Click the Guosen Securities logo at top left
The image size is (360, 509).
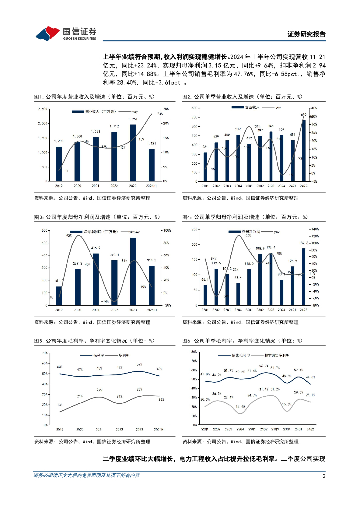(65, 33)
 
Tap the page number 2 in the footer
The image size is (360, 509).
(324, 475)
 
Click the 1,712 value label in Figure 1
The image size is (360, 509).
(114, 126)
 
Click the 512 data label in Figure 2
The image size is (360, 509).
(238, 129)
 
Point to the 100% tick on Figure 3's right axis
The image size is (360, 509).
(167, 230)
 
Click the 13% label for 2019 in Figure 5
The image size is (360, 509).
(60, 405)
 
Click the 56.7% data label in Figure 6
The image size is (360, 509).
(277, 366)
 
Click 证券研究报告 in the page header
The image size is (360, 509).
(307, 34)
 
